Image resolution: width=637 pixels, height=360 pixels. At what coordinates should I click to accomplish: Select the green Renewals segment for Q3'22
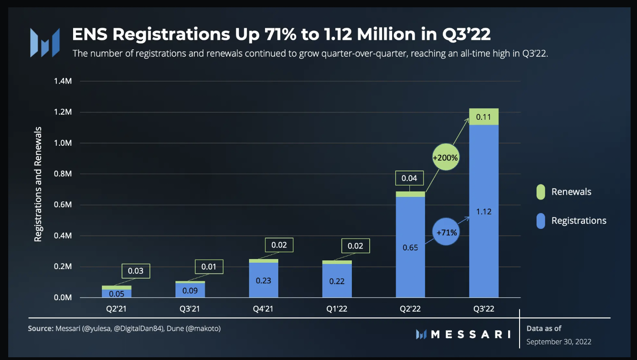483,117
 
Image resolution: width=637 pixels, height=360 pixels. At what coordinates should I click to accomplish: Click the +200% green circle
445,158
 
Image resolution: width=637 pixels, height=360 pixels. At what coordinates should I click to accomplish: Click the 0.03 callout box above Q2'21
136,271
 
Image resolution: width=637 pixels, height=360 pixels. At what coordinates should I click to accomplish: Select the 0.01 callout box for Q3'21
209,266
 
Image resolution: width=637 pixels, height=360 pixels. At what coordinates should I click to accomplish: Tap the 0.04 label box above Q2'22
409,178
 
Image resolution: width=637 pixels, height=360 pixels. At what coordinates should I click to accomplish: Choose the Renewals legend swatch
541,192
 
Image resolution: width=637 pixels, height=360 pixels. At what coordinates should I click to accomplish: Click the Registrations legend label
579,221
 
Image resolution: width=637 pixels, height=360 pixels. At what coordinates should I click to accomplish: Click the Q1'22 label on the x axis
337,309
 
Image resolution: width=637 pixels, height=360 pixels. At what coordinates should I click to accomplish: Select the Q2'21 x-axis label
116,309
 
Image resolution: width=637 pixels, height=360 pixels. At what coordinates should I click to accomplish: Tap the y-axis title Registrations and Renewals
38,184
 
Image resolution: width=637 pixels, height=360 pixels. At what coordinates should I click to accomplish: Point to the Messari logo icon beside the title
45,42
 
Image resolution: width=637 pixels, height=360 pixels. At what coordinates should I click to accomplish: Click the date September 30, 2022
558,341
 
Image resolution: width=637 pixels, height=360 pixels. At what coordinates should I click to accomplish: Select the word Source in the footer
40,328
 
